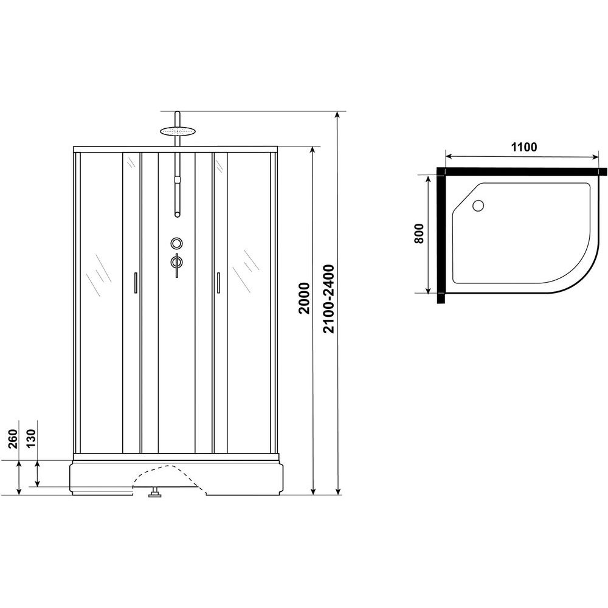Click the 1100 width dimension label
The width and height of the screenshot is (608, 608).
tap(524, 147)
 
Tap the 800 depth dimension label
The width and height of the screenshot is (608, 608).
tap(419, 233)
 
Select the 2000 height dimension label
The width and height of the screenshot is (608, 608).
tap(305, 298)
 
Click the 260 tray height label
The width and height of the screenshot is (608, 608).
tap(13, 438)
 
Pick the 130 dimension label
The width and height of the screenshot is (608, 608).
tap(32, 438)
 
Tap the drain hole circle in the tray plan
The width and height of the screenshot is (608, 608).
tap(478, 205)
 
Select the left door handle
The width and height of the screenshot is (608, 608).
tap(136, 282)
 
